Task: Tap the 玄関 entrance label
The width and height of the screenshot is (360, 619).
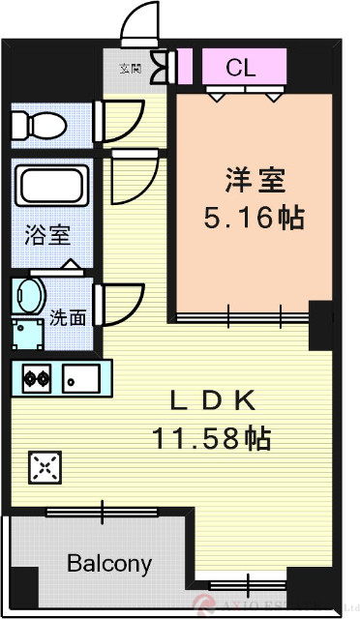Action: (x=130, y=69)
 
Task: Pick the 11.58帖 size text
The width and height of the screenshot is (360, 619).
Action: (x=210, y=438)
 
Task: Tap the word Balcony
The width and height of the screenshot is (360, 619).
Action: (x=109, y=564)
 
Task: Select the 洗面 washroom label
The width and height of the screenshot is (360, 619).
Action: (x=69, y=315)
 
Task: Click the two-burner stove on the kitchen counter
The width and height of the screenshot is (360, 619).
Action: (x=37, y=377)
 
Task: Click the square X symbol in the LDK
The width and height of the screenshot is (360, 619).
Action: (x=44, y=468)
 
